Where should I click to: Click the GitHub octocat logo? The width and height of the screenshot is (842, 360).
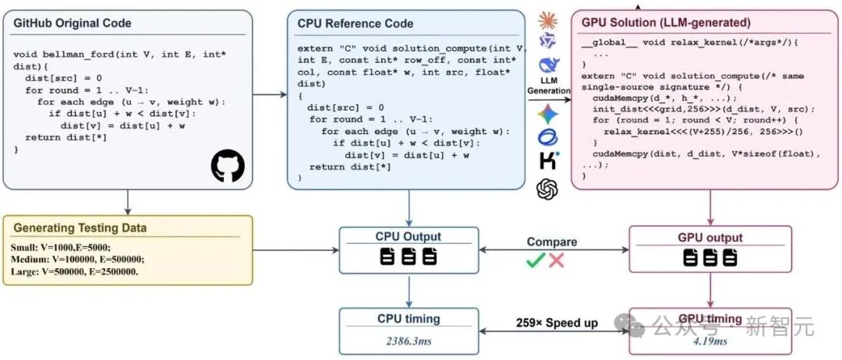click(x=228, y=166)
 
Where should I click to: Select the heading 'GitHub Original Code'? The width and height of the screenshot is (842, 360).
click(x=73, y=23)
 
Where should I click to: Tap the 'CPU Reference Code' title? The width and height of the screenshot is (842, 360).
click(x=356, y=23)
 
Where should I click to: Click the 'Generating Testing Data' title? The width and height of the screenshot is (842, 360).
click(x=80, y=228)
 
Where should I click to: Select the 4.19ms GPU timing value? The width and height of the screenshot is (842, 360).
click(x=710, y=341)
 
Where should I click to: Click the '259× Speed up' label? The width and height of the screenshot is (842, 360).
click(x=557, y=323)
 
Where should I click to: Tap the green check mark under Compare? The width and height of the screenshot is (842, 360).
click(x=536, y=260)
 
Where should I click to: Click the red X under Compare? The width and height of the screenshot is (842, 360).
click(x=557, y=260)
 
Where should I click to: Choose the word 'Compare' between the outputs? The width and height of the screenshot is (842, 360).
click(x=551, y=242)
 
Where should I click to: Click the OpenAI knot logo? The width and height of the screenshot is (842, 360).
click(x=547, y=189)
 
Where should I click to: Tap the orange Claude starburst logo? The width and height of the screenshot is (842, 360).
click(x=548, y=20)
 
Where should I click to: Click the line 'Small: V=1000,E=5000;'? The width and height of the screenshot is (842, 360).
click(x=60, y=248)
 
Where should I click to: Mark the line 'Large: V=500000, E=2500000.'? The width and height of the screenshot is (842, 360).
click(x=74, y=271)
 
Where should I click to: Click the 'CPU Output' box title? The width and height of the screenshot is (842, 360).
click(x=409, y=237)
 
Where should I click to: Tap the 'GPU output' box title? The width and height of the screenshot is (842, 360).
click(x=710, y=237)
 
